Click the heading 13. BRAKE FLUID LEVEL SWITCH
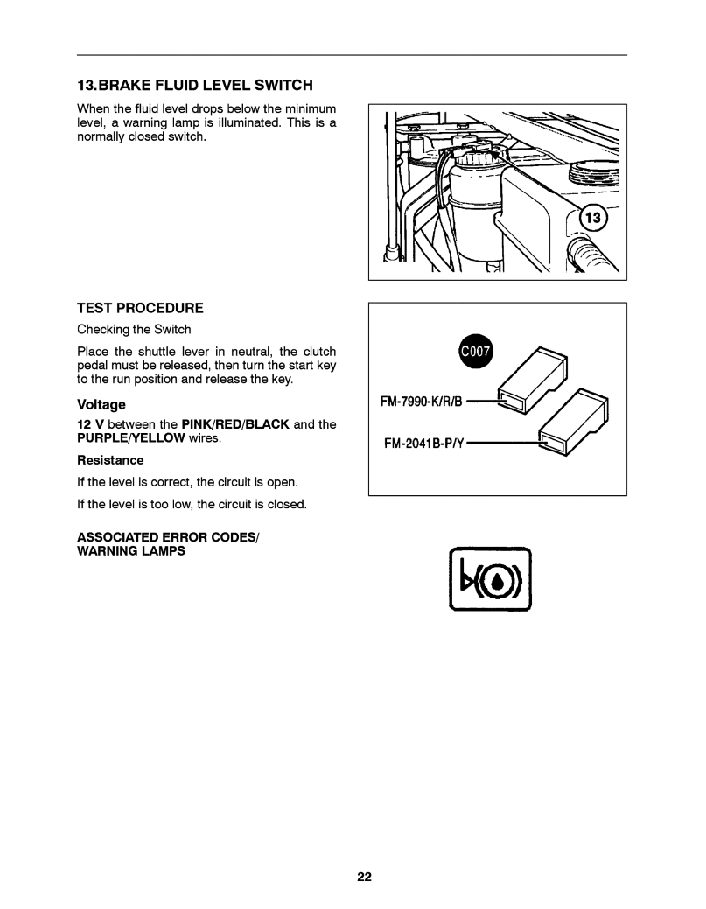coord(194,86)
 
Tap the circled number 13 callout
coord(594,218)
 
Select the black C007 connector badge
coord(477,353)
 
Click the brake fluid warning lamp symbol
coord(490,579)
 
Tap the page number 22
coord(364,877)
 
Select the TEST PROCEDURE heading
coord(140,308)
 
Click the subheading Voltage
coord(101,405)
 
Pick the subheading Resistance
coord(110,460)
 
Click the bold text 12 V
coord(90,424)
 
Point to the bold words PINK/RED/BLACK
coord(234,424)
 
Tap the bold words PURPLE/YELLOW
coord(131,437)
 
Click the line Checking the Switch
coord(134,330)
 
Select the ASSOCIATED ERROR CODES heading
coord(168,536)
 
